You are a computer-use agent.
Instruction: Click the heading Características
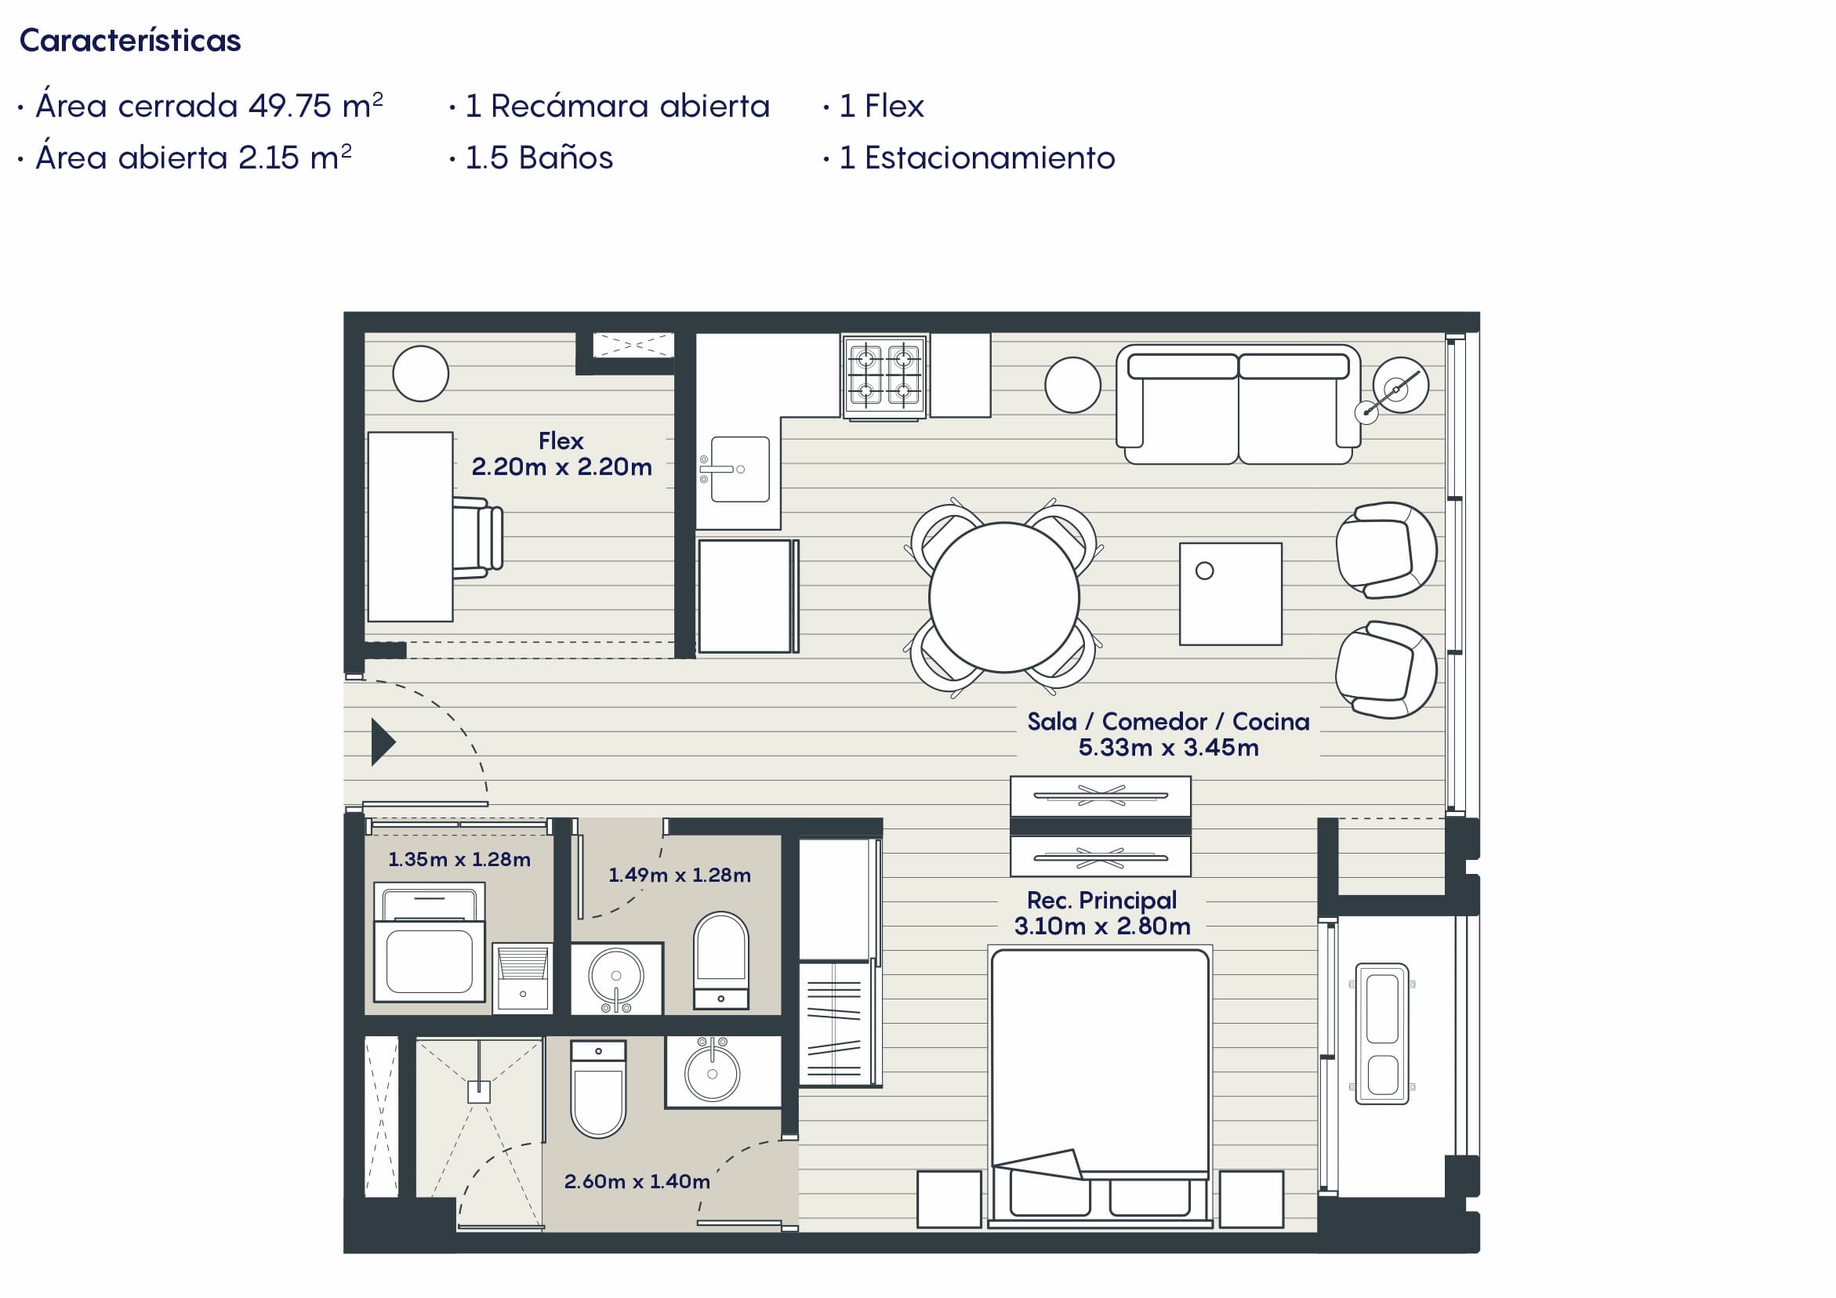coord(129,41)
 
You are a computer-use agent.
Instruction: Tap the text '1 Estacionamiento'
coord(976,158)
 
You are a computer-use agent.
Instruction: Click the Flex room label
coord(561,441)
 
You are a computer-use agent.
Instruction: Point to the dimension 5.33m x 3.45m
coord(1168,748)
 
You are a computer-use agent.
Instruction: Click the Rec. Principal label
coord(1102,900)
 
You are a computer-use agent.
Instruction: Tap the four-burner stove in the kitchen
coord(884,376)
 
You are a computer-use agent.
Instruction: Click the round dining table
coord(1003,597)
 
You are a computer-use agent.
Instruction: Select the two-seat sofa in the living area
coord(1238,404)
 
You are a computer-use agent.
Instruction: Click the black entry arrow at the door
coord(383,742)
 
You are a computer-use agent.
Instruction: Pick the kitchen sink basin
coord(740,470)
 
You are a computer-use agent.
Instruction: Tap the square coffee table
coord(1231,594)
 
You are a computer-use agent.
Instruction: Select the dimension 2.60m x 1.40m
coord(637,1181)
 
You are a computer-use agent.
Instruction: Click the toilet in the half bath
coord(721,959)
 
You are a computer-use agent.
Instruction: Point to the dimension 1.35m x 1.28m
coord(459,860)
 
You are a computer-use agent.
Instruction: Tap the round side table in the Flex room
coord(421,373)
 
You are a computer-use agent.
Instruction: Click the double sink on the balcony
coord(1382,1033)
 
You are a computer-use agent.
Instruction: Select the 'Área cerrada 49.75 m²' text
coord(209,106)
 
